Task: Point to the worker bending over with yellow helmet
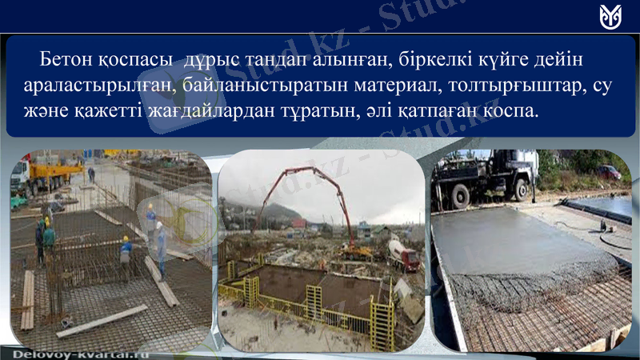(x=126, y=252)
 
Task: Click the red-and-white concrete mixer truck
(x=403, y=255)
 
